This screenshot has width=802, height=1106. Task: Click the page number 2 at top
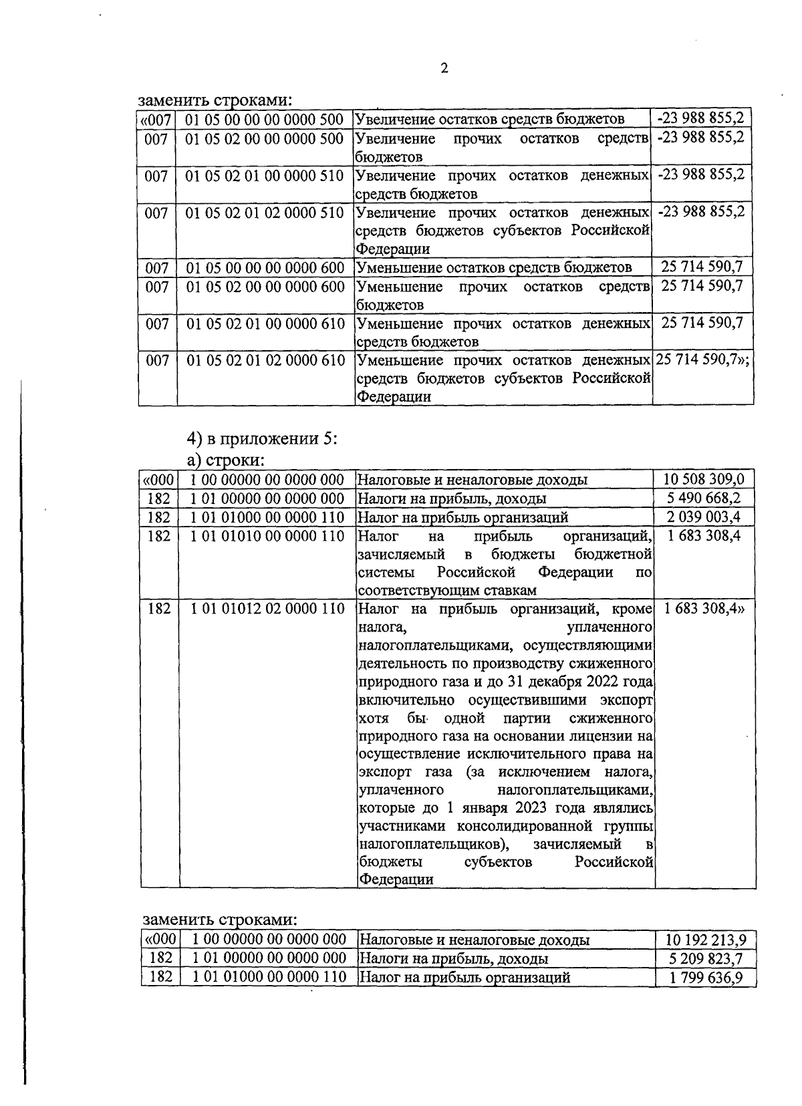[x=444, y=68]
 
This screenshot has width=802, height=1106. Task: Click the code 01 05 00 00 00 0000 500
[x=264, y=120]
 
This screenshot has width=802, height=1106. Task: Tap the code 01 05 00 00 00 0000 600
[x=265, y=268]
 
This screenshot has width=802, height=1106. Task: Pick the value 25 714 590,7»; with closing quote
[x=702, y=360]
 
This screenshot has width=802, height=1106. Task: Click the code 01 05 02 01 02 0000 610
[x=265, y=360]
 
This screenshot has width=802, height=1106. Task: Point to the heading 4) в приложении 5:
[x=262, y=439]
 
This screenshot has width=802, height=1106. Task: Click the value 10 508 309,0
[x=704, y=479]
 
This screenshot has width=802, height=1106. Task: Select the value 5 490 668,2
[x=704, y=499]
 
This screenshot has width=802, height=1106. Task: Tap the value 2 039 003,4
[x=704, y=517]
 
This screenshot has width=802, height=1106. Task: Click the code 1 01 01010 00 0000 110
[x=267, y=536]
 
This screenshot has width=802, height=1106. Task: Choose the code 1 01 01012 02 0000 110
[x=267, y=609]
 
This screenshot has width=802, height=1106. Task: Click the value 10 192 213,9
[x=706, y=940]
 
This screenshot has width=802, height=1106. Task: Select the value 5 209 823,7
[x=706, y=959]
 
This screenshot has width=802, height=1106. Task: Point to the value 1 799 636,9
[x=706, y=978]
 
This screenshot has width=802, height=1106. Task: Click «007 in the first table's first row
[x=156, y=120]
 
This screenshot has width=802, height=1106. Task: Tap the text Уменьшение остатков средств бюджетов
[x=493, y=268]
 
